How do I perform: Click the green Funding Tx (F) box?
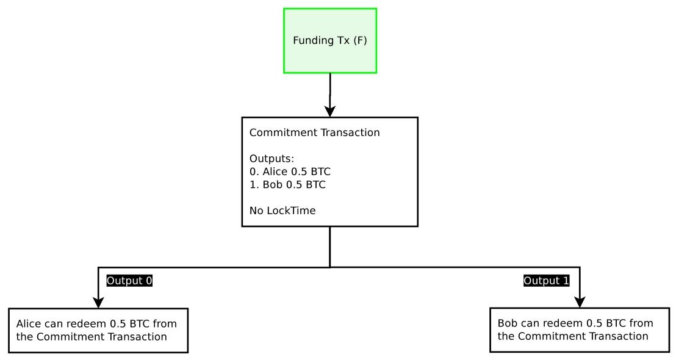[x=330, y=41]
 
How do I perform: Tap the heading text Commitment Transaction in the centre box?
[x=314, y=132]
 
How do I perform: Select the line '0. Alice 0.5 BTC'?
[x=290, y=171]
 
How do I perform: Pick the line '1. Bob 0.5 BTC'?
[x=287, y=184]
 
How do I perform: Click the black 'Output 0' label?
[x=129, y=281]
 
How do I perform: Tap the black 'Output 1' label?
[x=547, y=281]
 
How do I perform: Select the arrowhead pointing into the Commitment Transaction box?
[x=330, y=111]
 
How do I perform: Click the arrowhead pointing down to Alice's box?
[x=98, y=302]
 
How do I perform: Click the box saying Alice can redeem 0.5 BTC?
[x=98, y=330]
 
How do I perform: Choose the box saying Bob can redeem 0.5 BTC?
[x=579, y=329]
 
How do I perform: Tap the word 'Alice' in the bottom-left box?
[x=28, y=324]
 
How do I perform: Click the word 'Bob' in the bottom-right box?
[x=508, y=323]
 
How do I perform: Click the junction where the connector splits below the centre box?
[x=330, y=267]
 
